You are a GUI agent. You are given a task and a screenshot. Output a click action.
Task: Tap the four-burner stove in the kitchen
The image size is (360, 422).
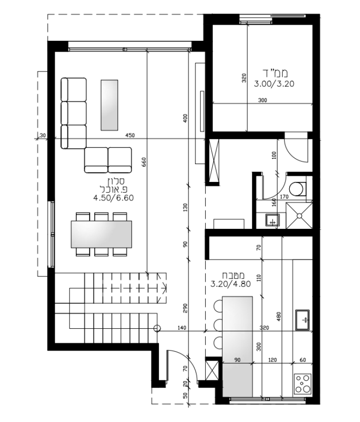(303, 384)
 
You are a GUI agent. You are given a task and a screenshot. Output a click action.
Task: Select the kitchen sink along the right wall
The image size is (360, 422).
(303, 320)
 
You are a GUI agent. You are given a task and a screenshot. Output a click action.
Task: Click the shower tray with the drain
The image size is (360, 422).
(299, 216)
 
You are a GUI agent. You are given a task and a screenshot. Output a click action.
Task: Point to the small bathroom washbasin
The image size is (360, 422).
(272, 220)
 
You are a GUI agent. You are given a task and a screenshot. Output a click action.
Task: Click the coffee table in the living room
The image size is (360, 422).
(109, 105)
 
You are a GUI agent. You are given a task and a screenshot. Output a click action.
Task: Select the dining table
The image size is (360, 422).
(101, 234)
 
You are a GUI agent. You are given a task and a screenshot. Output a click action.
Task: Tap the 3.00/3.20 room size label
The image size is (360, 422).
(274, 84)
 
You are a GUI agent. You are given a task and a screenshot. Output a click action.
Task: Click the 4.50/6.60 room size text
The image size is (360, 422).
(113, 198)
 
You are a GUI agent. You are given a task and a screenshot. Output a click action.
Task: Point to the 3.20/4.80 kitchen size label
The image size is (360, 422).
(231, 284)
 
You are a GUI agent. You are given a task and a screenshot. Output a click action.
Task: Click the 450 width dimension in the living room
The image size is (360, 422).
(130, 136)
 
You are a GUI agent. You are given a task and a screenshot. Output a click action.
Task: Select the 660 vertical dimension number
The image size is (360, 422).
(144, 162)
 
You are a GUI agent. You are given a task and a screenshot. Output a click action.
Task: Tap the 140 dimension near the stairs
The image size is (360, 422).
(182, 328)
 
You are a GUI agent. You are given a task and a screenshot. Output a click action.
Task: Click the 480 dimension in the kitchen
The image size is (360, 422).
(278, 316)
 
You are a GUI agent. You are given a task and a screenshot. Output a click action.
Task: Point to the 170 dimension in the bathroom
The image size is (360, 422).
(284, 197)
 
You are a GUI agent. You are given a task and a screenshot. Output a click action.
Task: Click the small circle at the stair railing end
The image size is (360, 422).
(157, 328)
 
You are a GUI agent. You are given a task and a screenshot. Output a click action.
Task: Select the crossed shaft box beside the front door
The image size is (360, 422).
(212, 370)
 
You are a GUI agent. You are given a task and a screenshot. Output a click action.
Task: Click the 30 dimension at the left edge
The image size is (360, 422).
(43, 136)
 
